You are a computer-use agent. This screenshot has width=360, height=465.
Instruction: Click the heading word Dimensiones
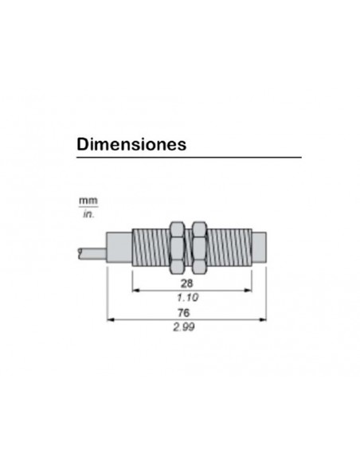point(131,145)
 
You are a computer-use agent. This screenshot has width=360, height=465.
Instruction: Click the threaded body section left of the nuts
point(147,244)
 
